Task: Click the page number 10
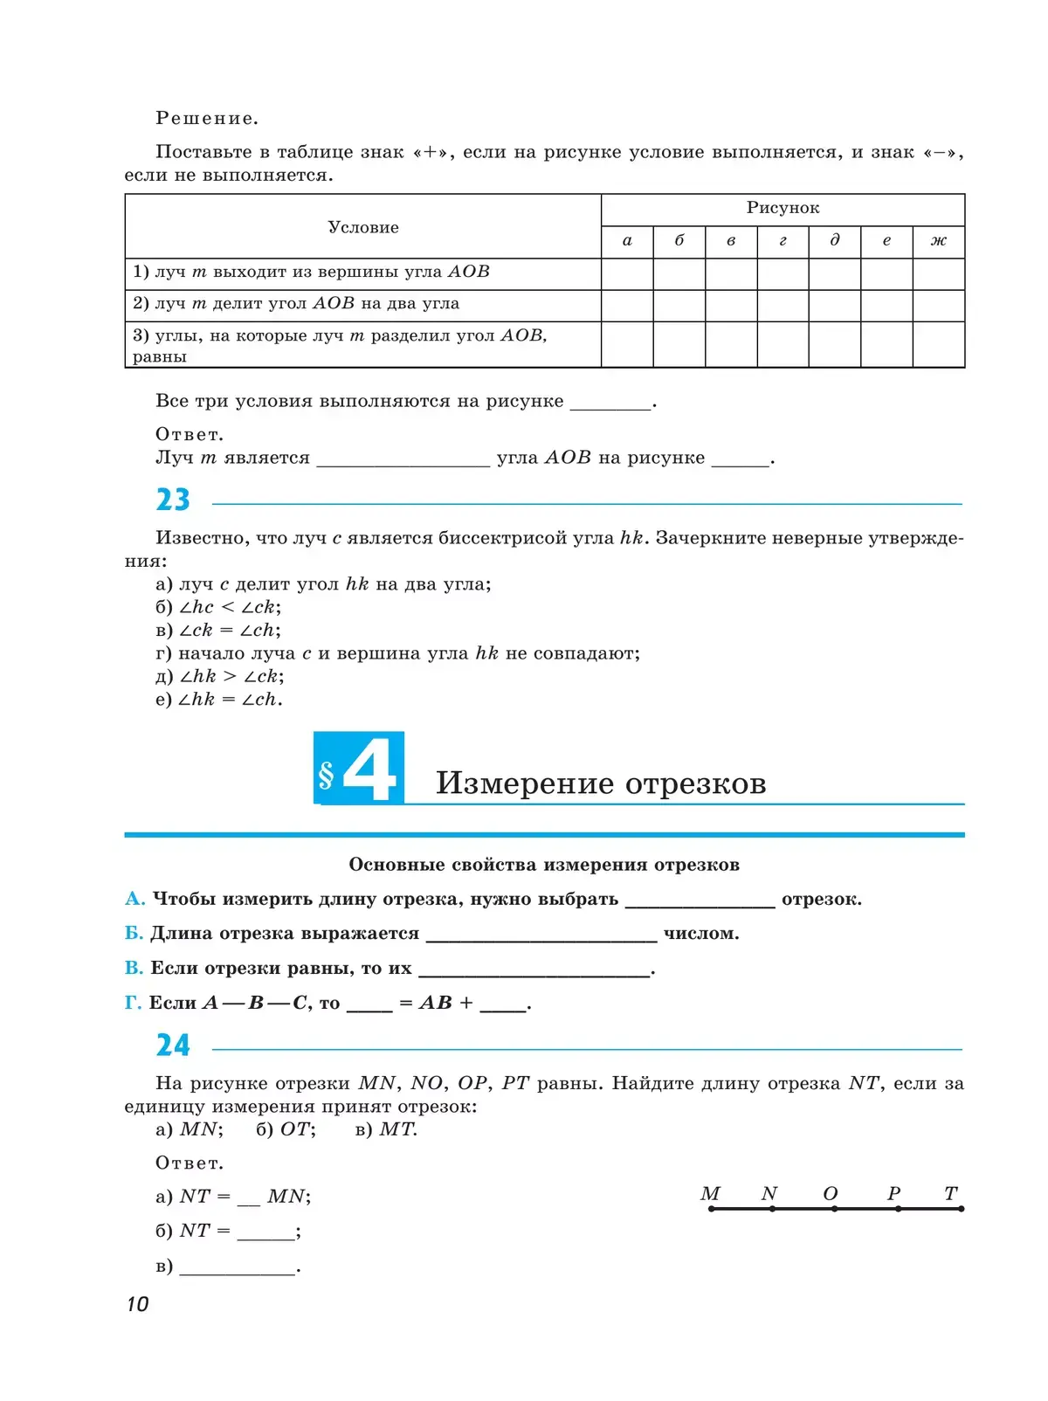tap(138, 1304)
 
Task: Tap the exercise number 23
tap(173, 500)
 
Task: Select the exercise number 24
tap(173, 1046)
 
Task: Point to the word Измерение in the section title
tap(525, 783)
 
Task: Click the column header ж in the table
tap(938, 241)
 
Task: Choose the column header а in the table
tap(627, 241)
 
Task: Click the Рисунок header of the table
tap(783, 208)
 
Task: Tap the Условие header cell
tap(363, 227)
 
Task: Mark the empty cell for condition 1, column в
tap(731, 273)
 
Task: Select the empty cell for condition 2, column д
tap(834, 305)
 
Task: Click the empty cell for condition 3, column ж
tap(938, 344)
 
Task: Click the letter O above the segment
tap(831, 1193)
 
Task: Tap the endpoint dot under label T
tap(961, 1209)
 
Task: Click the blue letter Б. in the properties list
tap(134, 934)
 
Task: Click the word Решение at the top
tap(207, 118)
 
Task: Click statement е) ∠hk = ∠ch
tap(219, 700)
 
